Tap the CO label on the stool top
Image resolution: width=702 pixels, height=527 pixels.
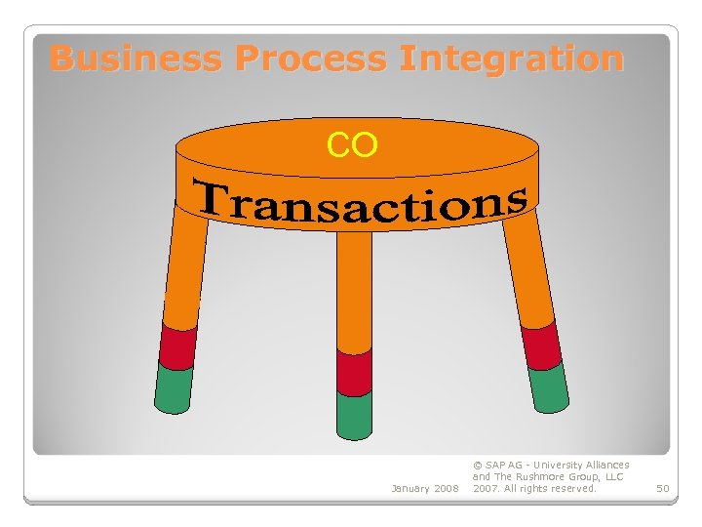352,145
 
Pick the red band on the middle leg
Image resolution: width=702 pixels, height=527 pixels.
354,371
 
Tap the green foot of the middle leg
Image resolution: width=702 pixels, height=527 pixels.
354,414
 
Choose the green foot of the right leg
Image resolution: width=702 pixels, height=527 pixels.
549,387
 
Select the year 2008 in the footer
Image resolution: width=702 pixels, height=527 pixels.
448,488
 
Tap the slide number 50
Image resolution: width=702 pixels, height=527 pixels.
663,488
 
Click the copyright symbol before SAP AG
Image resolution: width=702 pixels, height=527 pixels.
477,466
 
